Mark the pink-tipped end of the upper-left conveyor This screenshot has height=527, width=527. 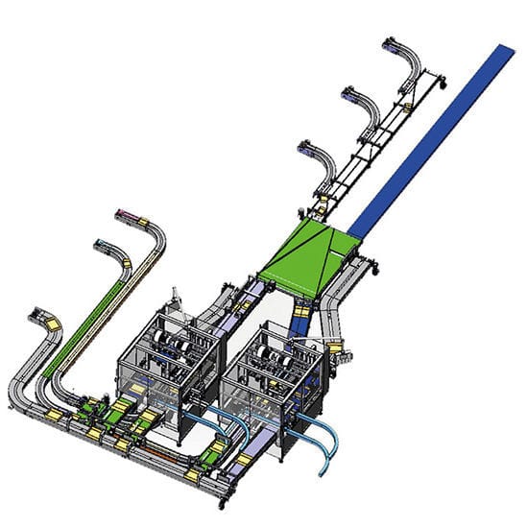[123, 213]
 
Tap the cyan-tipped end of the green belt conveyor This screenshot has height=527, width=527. [101, 245]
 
